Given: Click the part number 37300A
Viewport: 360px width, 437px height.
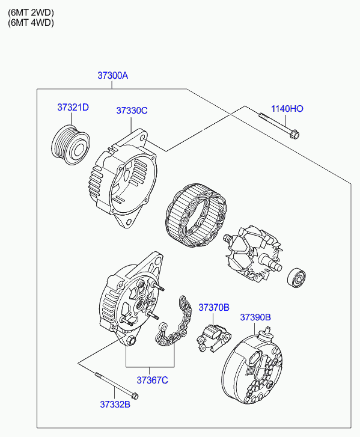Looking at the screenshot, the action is coord(112,75).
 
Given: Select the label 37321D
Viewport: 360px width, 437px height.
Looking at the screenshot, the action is coord(73,108).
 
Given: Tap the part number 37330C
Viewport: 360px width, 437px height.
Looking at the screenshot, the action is coord(132,111).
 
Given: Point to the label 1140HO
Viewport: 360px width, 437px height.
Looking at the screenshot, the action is coord(287,108).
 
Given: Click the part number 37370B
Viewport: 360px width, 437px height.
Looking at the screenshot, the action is coord(214,307).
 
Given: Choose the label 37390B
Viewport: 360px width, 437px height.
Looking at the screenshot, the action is coord(255,317).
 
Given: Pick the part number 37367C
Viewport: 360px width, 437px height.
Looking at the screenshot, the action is coord(153,380).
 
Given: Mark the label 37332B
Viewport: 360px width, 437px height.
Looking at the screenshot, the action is coord(115,404).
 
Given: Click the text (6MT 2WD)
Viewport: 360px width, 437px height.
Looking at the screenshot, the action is coord(31,13).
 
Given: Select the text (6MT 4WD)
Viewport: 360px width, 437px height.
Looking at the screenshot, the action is coord(31,22).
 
